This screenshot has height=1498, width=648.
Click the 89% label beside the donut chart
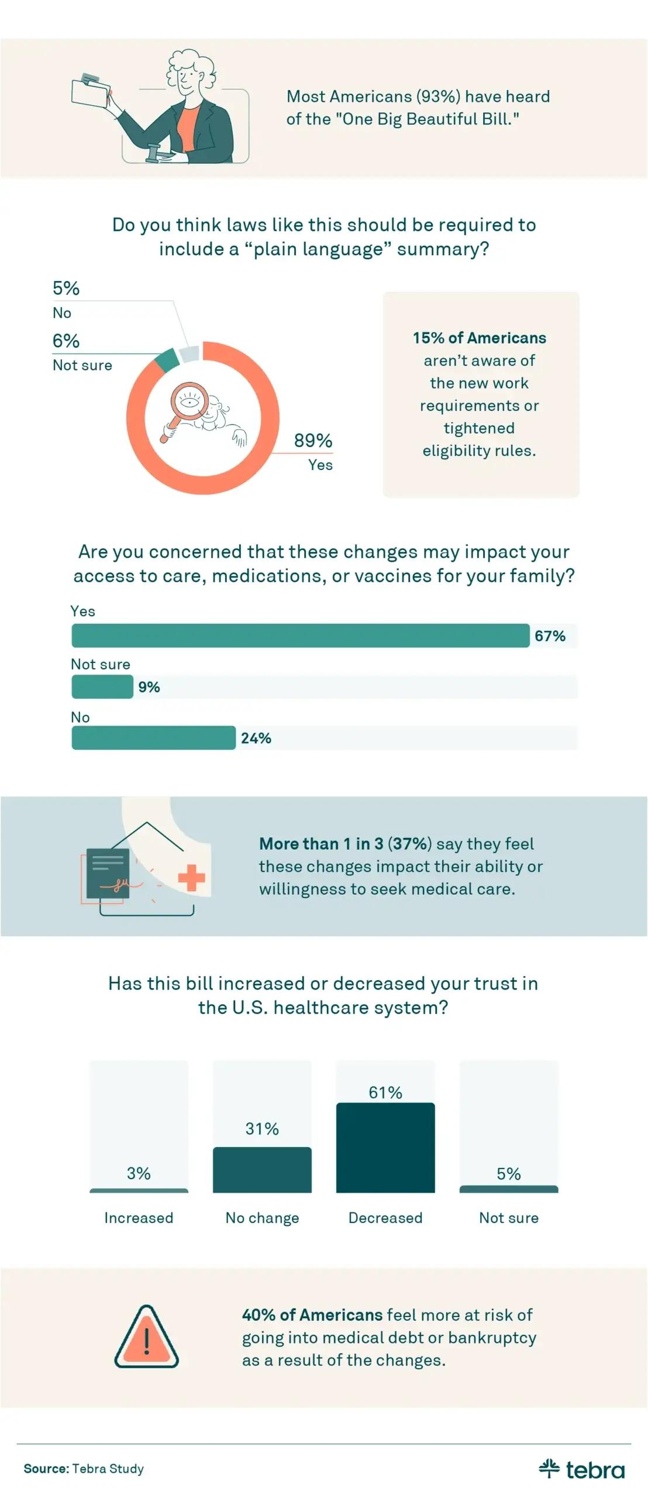pos(313,441)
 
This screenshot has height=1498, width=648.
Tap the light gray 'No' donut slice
pos(189,353)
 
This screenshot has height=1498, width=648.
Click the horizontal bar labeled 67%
pos(300,635)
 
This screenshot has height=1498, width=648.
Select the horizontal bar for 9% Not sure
pos(102,686)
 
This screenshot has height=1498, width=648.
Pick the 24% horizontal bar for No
pos(153,737)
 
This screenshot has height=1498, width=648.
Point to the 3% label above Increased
pos(139,1173)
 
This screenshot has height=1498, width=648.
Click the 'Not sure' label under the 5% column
pos(508,1217)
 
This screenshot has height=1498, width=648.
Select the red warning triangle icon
pos(146,1337)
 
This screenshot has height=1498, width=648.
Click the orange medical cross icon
pos(191,877)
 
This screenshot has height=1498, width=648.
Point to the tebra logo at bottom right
pos(581,1469)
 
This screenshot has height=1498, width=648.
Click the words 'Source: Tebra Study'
pos(84,1468)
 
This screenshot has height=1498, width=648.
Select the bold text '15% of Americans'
pos(479,338)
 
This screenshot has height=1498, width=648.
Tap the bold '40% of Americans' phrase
pos(312,1314)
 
